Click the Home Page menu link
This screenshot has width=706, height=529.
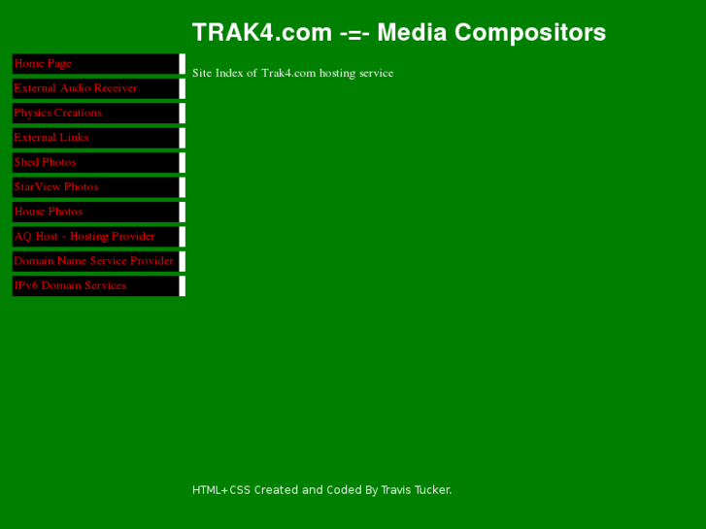(x=43, y=64)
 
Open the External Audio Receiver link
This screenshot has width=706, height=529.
(x=76, y=88)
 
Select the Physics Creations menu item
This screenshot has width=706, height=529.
(x=57, y=114)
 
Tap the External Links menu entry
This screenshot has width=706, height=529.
(x=51, y=138)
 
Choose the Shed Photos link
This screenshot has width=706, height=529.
(x=45, y=162)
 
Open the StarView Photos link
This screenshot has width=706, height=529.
(x=56, y=187)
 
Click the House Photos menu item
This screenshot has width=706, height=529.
(x=49, y=212)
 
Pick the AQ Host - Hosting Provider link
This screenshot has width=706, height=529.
(x=84, y=237)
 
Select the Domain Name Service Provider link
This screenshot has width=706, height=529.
(x=93, y=261)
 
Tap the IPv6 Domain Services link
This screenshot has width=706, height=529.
(x=70, y=285)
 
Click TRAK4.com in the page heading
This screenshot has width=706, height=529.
(x=262, y=33)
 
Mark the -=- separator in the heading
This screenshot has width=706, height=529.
(x=354, y=33)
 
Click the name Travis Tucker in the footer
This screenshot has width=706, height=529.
(x=416, y=490)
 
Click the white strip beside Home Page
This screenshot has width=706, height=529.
(x=183, y=64)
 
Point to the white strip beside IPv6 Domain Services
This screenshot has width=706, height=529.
(x=183, y=285)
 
